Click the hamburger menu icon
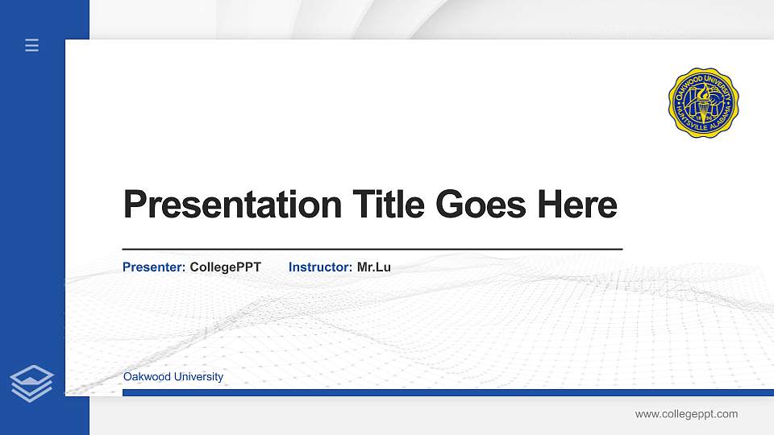pos(32,46)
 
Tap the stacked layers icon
pos(32,383)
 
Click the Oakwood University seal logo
pos(704,102)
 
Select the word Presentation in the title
pos(232,205)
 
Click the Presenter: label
pos(154,267)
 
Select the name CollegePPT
pos(225,267)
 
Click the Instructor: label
pos(320,267)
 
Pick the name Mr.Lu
pos(374,267)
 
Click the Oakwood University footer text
pos(173,377)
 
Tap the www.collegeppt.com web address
pos(686,414)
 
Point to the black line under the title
pos(372,250)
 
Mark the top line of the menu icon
pos(32,40)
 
